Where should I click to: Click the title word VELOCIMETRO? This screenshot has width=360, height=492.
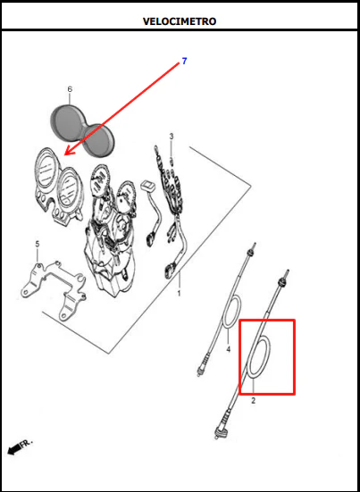(x=180, y=21)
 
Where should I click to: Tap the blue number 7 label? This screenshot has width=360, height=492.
(x=184, y=62)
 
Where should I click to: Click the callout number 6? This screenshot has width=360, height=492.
(x=70, y=89)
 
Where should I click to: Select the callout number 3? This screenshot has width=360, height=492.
(x=171, y=137)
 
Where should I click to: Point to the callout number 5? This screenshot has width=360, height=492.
(x=38, y=244)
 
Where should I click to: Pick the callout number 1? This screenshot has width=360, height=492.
(x=179, y=294)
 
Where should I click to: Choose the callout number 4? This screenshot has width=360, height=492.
(x=228, y=349)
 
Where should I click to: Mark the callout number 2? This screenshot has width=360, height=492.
(x=254, y=401)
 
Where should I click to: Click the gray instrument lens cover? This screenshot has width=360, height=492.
(x=82, y=129)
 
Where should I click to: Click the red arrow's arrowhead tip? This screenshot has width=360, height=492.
(x=65, y=154)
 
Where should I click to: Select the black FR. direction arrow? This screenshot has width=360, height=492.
(x=14, y=450)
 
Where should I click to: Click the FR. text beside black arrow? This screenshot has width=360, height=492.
(x=27, y=443)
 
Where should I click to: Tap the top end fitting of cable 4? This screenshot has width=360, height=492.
(x=252, y=250)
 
